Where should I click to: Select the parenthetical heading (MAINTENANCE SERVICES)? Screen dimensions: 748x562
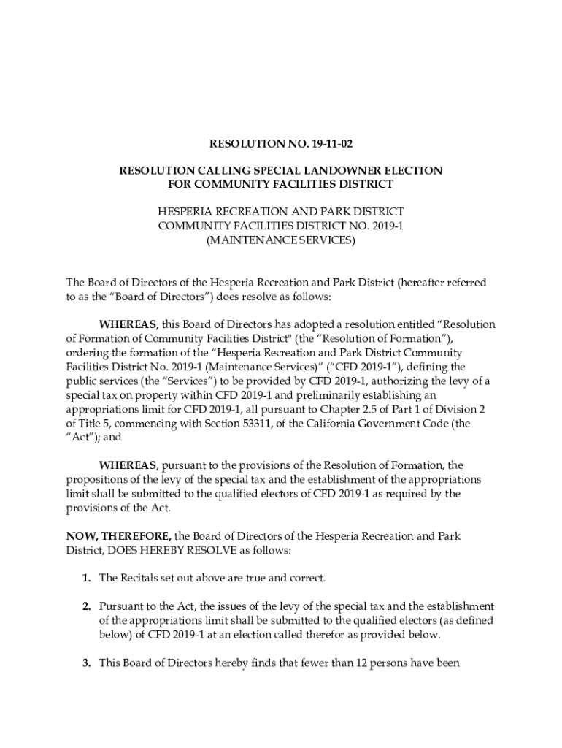click(x=281, y=240)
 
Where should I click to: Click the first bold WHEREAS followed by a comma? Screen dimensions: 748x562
click(x=129, y=324)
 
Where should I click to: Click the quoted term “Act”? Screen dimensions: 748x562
click(x=81, y=438)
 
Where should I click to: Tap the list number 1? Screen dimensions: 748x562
click(x=85, y=579)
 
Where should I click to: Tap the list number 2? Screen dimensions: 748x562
click(x=85, y=606)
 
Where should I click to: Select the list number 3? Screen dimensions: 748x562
click(x=85, y=663)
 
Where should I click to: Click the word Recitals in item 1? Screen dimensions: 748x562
click(x=142, y=579)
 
